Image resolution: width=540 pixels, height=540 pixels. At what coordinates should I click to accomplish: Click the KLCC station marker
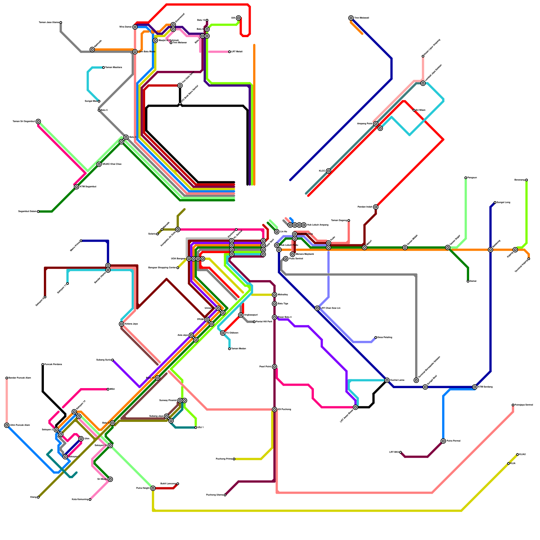click(328, 171)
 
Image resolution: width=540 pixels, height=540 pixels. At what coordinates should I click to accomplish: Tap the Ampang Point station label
click(365, 124)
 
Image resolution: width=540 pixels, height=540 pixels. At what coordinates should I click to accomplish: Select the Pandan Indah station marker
click(376, 207)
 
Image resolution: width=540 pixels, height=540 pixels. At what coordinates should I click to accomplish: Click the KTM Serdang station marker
click(475, 387)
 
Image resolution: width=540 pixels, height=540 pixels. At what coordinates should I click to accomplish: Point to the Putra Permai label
click(453, 441)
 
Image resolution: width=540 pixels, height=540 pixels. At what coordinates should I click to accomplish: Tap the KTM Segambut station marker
click(77, 187)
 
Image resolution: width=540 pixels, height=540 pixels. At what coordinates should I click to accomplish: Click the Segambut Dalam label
click(27, 212)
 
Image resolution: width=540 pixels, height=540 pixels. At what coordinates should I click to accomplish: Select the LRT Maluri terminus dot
click(230, 52)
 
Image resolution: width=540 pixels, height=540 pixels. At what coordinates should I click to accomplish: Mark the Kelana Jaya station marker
click(122, 324)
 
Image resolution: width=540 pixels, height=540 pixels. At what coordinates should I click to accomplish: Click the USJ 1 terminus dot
click(196, 428)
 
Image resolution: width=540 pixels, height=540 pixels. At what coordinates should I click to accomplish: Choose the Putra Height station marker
click(153, 488)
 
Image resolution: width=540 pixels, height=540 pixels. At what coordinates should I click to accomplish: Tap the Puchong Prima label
click(224, 459)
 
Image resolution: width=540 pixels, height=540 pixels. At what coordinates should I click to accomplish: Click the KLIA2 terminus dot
click(517, 455)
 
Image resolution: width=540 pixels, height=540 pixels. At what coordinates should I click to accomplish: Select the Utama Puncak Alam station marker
click(7, 425)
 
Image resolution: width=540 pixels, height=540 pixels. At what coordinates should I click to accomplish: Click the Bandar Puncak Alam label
click(20, 378)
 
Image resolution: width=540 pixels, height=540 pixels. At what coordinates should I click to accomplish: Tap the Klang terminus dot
click(38, 497)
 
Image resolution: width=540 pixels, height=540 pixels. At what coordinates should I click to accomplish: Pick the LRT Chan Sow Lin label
click(330, 308)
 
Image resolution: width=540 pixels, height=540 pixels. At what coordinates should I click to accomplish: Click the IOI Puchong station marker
click(274, 410)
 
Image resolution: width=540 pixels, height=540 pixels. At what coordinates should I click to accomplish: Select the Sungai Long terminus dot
click(495, 202)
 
